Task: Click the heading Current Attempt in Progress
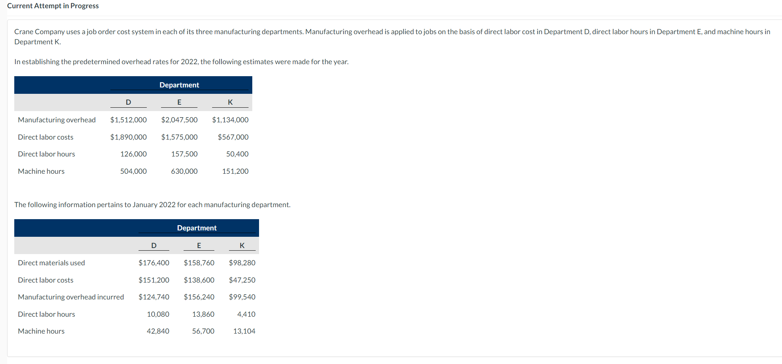53,6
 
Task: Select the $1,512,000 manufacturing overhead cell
128,120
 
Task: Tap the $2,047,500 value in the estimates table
179,120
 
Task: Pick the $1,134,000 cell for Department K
230,120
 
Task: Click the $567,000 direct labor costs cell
233,137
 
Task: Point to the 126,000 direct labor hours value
133,154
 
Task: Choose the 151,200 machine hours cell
235,171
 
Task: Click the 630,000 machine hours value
184,171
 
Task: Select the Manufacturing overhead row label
57,120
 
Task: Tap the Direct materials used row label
51,263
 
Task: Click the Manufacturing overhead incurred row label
71,297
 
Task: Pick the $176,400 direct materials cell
154,263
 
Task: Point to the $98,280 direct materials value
242,263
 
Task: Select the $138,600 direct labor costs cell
199,280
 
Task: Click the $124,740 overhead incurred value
154,297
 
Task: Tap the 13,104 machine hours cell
244,331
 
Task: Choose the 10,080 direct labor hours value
158,314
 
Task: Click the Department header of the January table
197,228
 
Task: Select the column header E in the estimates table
179,102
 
